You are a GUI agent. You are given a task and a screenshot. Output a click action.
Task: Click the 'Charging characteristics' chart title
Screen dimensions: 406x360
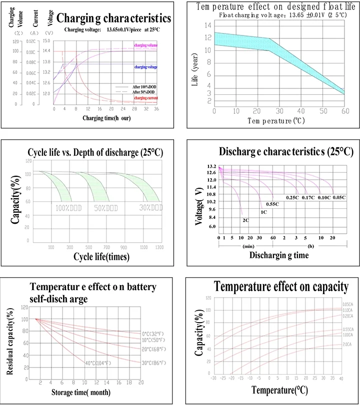pyautogui.click(x=113, y=18)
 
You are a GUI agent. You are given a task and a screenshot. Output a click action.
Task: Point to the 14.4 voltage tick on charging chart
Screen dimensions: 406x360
pyautogui.click(x=46, y=51)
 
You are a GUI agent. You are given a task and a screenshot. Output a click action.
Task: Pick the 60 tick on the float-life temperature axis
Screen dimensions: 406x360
pyautogui.click(x=344, y=111)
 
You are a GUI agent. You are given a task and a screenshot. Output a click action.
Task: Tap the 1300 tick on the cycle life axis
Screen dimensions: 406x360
pyautogui.click(x=159, y=247)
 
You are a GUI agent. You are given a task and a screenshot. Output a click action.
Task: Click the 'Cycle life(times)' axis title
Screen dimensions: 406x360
pyautogui.click(x=101, y=257)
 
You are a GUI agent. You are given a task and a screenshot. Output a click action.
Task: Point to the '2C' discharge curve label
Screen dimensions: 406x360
pyautogui.click(x=245, y=220)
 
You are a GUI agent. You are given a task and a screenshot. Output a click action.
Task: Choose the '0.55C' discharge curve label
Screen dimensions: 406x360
pyautogui.click(x=272, y=204)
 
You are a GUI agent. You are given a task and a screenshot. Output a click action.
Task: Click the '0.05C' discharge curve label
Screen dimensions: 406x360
pyautogui.click(x=339, y=197)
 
